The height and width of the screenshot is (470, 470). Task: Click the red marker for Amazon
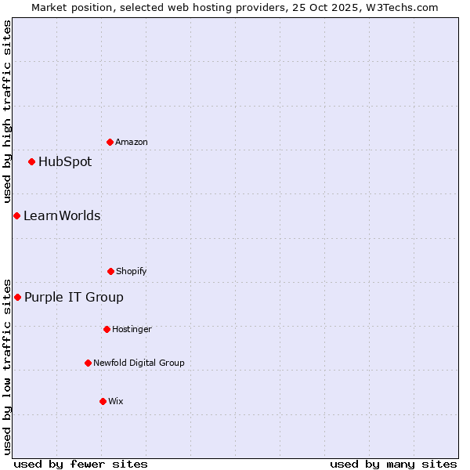[x=110, y=142]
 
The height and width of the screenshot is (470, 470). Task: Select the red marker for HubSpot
[x=31, y=161]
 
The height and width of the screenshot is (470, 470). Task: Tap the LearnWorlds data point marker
[x=16, y=215]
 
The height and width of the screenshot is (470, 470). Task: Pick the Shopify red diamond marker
[x=110, y=271]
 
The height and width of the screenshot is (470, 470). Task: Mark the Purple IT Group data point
[x=17, y=297]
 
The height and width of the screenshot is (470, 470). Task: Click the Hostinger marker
[x=107, y=329]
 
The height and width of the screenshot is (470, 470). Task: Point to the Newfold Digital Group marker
[x=88, y=363]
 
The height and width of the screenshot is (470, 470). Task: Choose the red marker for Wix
[x=103, y=401]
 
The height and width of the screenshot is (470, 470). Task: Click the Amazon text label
[x=132, y=142]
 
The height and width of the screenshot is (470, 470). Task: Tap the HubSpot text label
[x=65, y=162]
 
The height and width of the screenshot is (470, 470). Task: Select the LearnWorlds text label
[x=62, y=216]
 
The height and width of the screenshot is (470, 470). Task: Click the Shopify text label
[x=132, y=271]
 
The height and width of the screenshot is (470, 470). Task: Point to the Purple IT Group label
[x=74, y=298]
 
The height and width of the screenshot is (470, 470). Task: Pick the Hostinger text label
[x=132, y=329]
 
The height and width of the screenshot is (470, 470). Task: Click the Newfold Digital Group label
[x=139, y=363]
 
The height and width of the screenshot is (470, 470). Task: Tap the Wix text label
[x=116, y=401]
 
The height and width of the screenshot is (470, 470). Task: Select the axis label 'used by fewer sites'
[x=81, y=464]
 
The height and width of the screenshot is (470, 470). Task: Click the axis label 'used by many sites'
[x=393, y=464]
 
